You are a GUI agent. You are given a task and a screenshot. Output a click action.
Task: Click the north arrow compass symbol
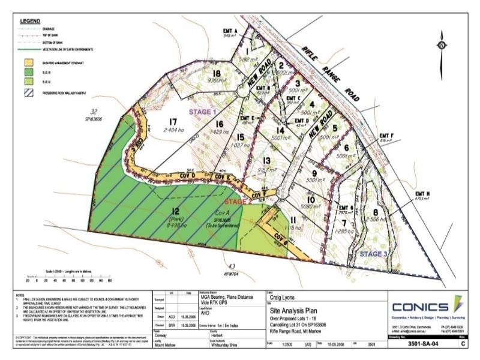441,44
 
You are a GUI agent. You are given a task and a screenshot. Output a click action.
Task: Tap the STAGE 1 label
202,112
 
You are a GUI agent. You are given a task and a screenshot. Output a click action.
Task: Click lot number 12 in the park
175,211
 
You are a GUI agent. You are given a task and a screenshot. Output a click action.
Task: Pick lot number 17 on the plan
174,120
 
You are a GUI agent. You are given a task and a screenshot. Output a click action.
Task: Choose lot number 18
217,73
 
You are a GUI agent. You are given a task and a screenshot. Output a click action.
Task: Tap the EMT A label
230,30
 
